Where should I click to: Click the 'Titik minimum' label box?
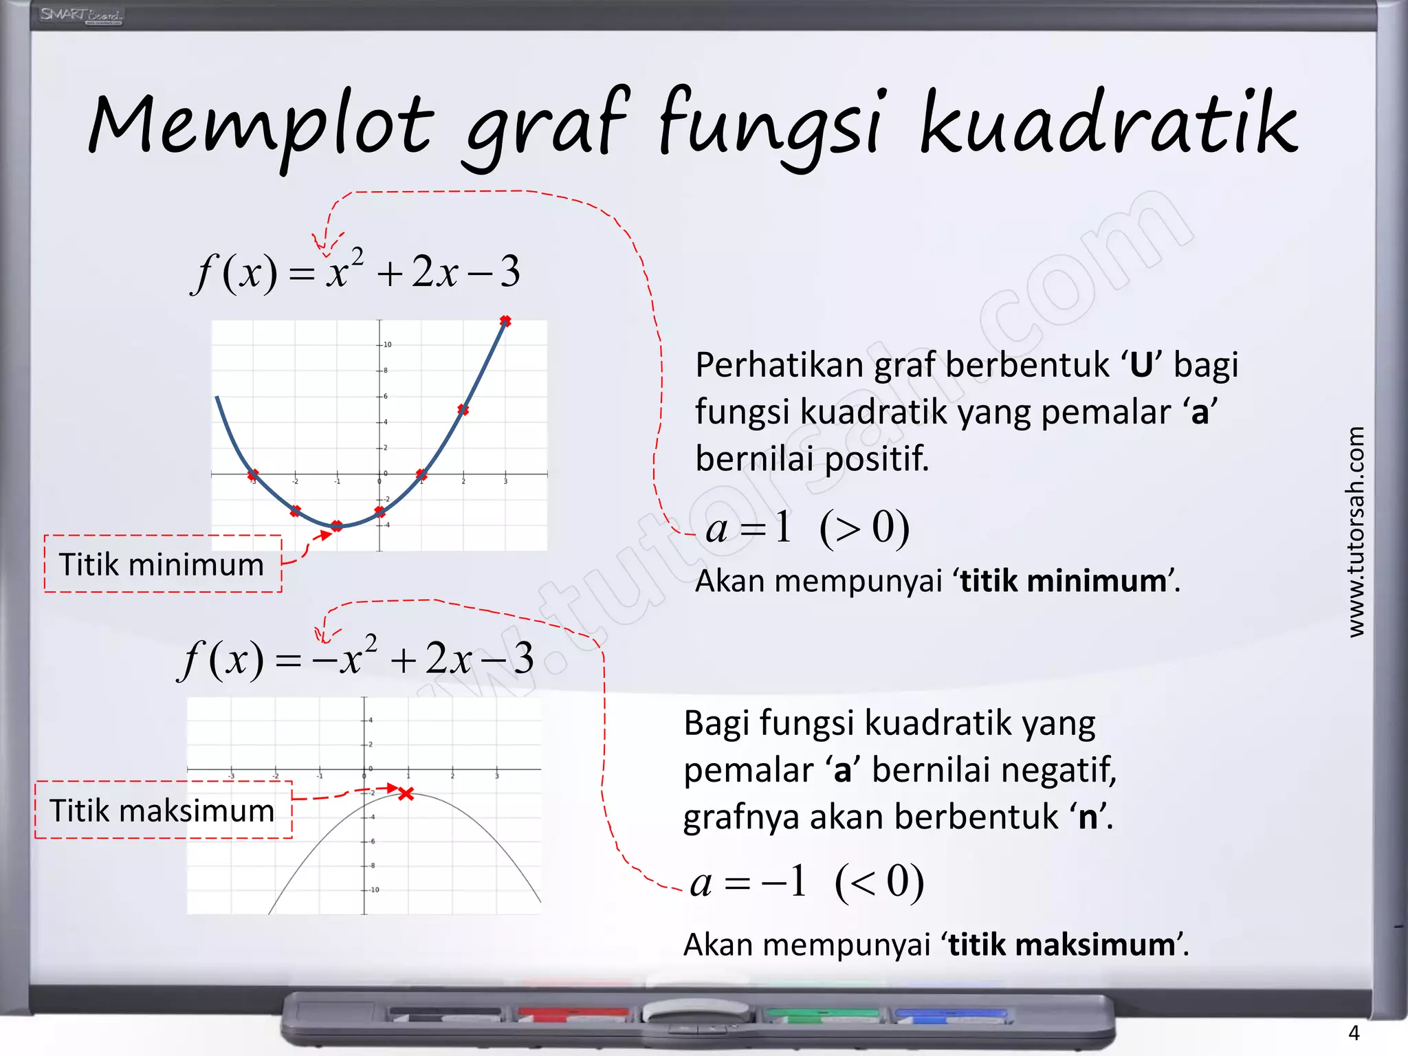(x=162, y=564)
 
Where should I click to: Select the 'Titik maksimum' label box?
(x=163, y=810)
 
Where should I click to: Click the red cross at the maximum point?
(x=406, y=794)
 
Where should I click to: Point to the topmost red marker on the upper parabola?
(x=505, y=321)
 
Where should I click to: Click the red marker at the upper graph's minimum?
(x=337, y=526)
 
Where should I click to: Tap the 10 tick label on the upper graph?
(x=388, y=344)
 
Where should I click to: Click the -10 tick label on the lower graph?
(x=374, y=890)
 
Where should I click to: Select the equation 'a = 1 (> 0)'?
(x=807, y=528)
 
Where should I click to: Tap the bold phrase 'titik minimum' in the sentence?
(x=1063, y=581)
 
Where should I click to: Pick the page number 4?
(x=1354, y=1033)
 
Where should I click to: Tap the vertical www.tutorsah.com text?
(x=1355, y=531)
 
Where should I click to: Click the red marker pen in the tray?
(x=573, y=1014)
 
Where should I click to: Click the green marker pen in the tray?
(x=822, y=1014)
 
